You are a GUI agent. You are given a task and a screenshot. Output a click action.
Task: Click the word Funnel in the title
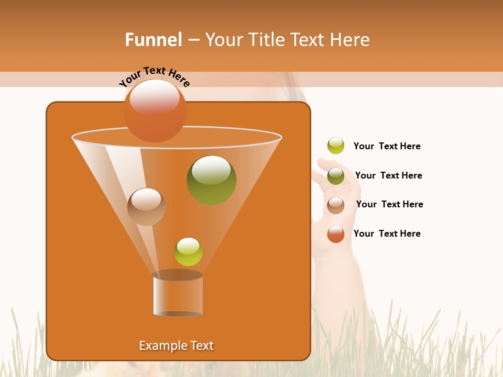click(154, 40)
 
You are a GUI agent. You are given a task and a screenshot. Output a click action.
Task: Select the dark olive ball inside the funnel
click(211, 180)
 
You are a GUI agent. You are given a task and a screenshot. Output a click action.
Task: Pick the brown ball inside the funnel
click(146, 207)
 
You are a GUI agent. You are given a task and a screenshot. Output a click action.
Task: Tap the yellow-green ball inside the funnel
click(188, 252)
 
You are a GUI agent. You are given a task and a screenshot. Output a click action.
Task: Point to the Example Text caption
click(176, 346)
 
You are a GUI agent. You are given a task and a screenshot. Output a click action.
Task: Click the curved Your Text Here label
click(154, 76)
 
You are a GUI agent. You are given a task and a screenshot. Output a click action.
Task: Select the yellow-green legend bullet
click(336, 146)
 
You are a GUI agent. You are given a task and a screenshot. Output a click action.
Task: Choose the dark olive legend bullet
click(336, 175)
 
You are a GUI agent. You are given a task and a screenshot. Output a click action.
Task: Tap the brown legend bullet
click(336, 205)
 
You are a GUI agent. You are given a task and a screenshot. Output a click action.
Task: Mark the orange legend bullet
click(336, 234)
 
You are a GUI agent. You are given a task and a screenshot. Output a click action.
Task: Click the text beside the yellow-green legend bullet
click(387, 146)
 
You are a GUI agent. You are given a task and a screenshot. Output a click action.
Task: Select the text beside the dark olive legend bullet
click(388, 175)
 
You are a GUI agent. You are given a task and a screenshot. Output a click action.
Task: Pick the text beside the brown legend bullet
click(389, 204)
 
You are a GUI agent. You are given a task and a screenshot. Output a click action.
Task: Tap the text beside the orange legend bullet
click(387, 234)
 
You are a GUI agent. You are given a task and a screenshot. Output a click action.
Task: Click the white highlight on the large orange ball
click(154, 98)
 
